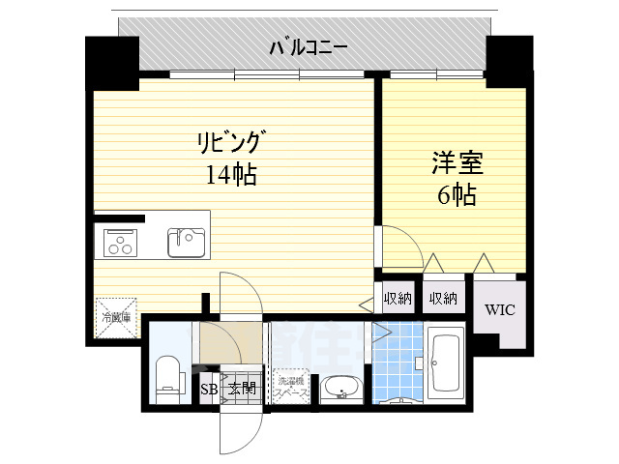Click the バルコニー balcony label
coord(309,47)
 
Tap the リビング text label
coord(229,144)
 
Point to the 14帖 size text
coord(229,175)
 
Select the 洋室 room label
coord(456,161)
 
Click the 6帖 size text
coord(456,193)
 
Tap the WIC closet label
coord(500,310)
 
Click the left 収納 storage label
coord(397,299)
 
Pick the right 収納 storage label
coord(443,299)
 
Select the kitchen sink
coord(187,242)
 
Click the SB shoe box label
coord(208,390)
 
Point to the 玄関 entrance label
coord(241,390)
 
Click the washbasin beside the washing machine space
coord(339,389)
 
